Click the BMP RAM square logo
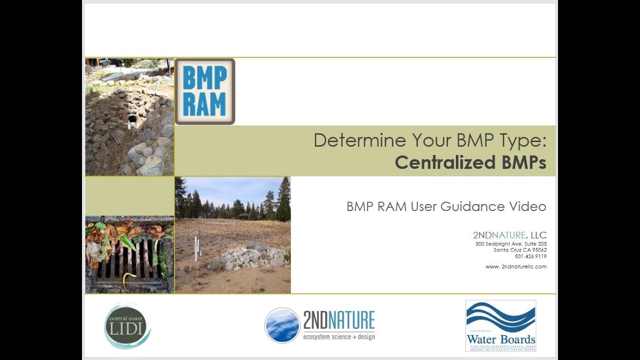pos(204,91)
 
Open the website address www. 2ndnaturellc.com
pos(515,266)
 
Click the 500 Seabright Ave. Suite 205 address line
pos(510,244)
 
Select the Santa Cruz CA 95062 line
pos(520,250)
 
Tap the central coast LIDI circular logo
pos(127,326)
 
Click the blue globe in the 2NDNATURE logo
pos(282,325)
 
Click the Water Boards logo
pos(500,325)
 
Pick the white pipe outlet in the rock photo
pos(132,119)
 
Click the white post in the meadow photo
pos(195,248)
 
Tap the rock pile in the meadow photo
pos(253,256)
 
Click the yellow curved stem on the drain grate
pos(128,280)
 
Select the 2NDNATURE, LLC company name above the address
pos(509,235)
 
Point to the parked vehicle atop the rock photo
pos(110,62)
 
